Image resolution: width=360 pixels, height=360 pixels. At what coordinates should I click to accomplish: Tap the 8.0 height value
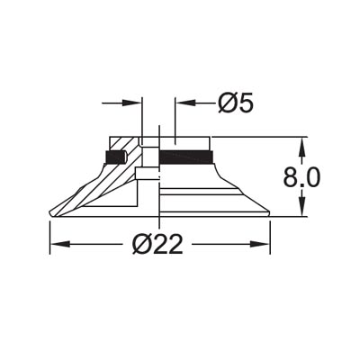(x=301, y=176)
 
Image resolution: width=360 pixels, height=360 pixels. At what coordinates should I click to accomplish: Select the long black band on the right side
(x=186, y=158)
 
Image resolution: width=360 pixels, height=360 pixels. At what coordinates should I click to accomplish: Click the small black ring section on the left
(x=114, y=158)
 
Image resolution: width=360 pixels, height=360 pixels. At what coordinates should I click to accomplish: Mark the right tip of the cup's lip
(x=268, y=214)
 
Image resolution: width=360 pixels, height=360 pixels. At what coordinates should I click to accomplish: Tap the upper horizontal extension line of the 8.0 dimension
(x=261, y=137)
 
